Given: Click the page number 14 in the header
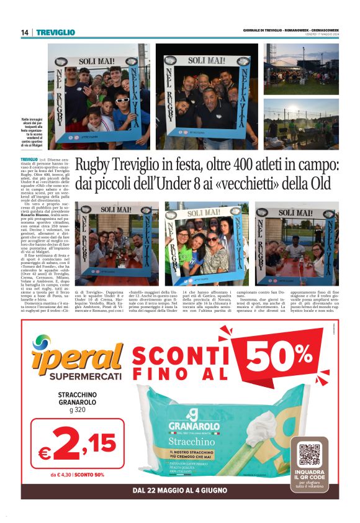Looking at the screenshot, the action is pyautogui.click(x=24, y=32).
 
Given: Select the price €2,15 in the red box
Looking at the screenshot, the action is pyautogui.click(x=77, y=444).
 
